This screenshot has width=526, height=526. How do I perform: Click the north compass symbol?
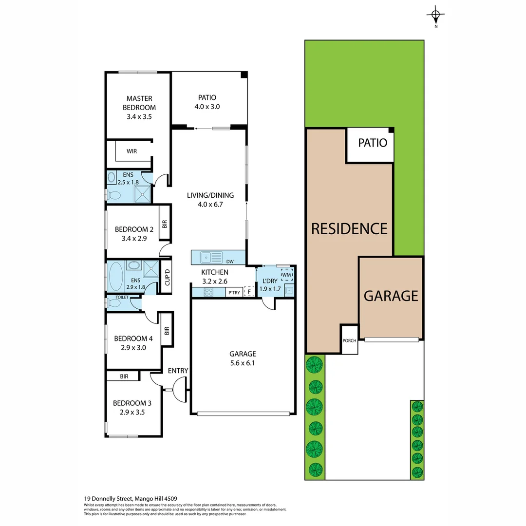(x=436, y=16)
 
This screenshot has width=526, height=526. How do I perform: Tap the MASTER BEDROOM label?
(x=139, y=103)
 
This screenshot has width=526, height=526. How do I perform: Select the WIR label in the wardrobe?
(x=131, y=151)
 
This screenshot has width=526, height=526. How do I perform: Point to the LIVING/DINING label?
(x=210, y=195)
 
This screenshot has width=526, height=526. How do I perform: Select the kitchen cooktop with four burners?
(x=208, y=292)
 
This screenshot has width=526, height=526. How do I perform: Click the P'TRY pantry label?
(x=234, y=293)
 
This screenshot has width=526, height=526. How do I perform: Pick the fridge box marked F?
(x=249, y=292)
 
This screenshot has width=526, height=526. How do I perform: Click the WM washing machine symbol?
(x=287, y=275)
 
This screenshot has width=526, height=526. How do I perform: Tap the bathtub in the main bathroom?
(x=116, y=277)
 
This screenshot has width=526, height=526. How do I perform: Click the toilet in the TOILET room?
(x=114, y=303)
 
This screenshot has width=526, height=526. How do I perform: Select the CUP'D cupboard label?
(x=166, y=278)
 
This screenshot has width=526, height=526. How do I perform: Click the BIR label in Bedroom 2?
(x=165, y=224)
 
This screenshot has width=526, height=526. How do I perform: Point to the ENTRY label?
(x=178, y=371)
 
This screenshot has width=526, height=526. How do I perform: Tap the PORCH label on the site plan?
(x=349, y=340)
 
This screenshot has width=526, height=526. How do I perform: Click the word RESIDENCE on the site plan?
(x=349, y=228)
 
